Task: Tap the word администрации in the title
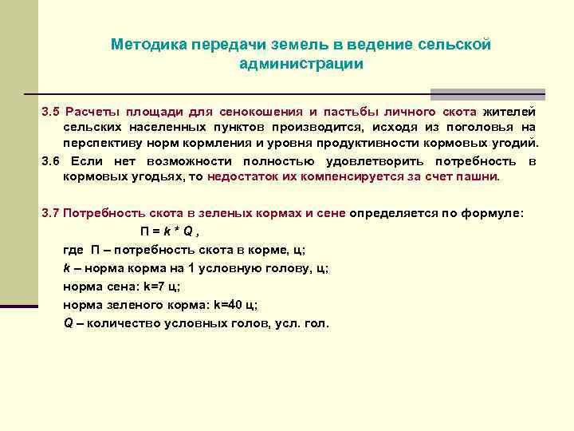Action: pos(301,63)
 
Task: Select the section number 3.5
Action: pos(50,111)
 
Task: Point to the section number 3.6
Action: pos(50,160)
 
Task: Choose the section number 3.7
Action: pos(50,214)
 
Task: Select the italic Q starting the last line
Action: pos(68,323)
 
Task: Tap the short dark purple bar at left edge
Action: pos(19,305)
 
